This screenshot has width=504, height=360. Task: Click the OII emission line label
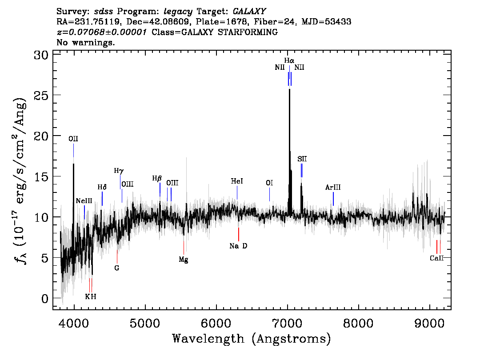tap(73, 139)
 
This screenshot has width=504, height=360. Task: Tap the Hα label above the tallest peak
tap(289, 60)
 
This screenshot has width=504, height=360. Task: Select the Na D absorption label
tap(238, 246)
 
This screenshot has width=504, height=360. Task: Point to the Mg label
tap(184, 260)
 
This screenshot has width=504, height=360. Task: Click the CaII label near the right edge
tap(437, 258)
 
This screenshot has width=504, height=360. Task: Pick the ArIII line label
tap(333, 188)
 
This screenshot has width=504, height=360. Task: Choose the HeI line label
tap(237, 181)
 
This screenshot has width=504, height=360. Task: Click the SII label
tap(302, 159)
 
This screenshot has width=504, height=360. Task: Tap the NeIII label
tap(84, 201)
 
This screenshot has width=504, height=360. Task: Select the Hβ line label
tap(157, 178)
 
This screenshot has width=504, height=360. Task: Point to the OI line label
tap(269, 183)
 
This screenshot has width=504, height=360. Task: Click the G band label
tap(117, 268)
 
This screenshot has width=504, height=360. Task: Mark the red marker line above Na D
tap(239, 234)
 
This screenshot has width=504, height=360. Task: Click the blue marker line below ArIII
tap(333, 199)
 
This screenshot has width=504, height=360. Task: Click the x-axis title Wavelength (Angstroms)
tap(252, 339)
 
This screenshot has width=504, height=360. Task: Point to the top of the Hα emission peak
tap(289, 89)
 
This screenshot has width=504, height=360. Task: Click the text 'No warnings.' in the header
tap(86, 43)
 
